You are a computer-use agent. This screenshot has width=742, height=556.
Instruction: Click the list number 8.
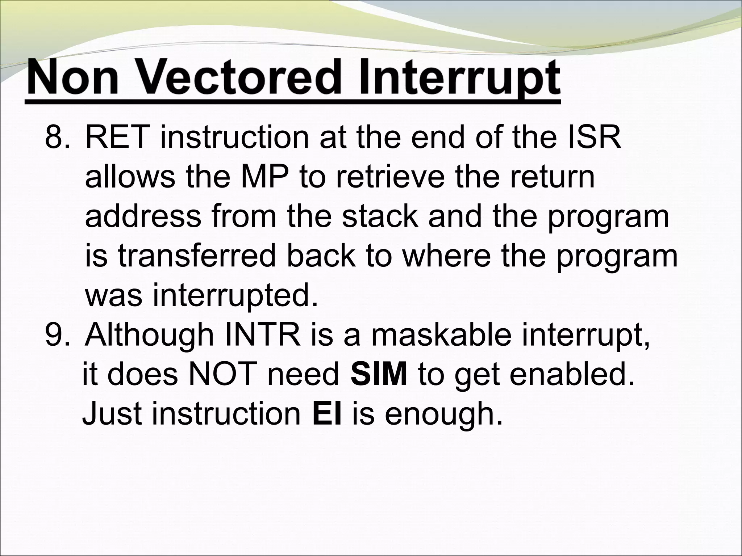click(x=56, y=138)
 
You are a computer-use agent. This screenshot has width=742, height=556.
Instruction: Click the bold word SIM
click(x=379, y=375)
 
